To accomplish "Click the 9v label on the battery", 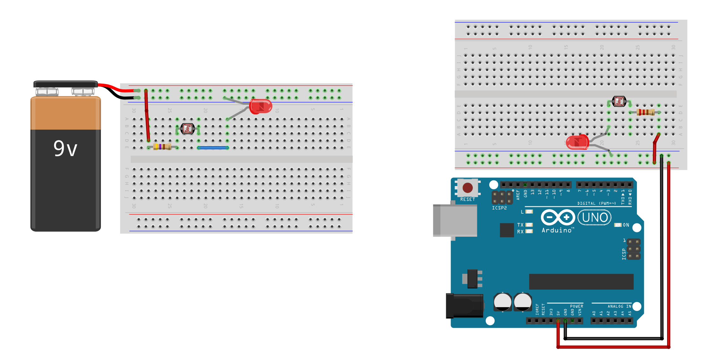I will click(x=65, y=149).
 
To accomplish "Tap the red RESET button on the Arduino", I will click(x=467, y=188).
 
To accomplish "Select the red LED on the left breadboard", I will click(x=260, y=106).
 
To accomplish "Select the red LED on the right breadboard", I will click(x=577, y=142).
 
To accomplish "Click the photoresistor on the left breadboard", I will click(x=187, y=129).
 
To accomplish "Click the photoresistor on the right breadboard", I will click(x=619, y=101).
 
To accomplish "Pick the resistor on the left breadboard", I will click(x=162, y=147).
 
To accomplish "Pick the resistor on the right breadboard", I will click(x=646, y=112).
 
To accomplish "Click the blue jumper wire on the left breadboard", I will click(x=213, y=148).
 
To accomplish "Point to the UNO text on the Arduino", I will click(x=595, y=218).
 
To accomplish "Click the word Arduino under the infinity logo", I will click(x=557, y=230).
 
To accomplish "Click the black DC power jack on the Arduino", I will click(x=464, y=306).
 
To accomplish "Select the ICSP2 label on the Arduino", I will click(x=499, y=208).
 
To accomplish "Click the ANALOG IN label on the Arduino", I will click(x=619, y=306).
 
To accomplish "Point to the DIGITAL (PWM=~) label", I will click(x=596, y=203).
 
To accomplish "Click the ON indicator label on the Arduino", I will click(x=626, y=225).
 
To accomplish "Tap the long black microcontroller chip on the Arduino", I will click(x=581, y=282).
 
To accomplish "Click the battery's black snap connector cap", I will click(x=66, y=84).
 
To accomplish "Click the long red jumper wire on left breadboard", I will click(x=147, y=116).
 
